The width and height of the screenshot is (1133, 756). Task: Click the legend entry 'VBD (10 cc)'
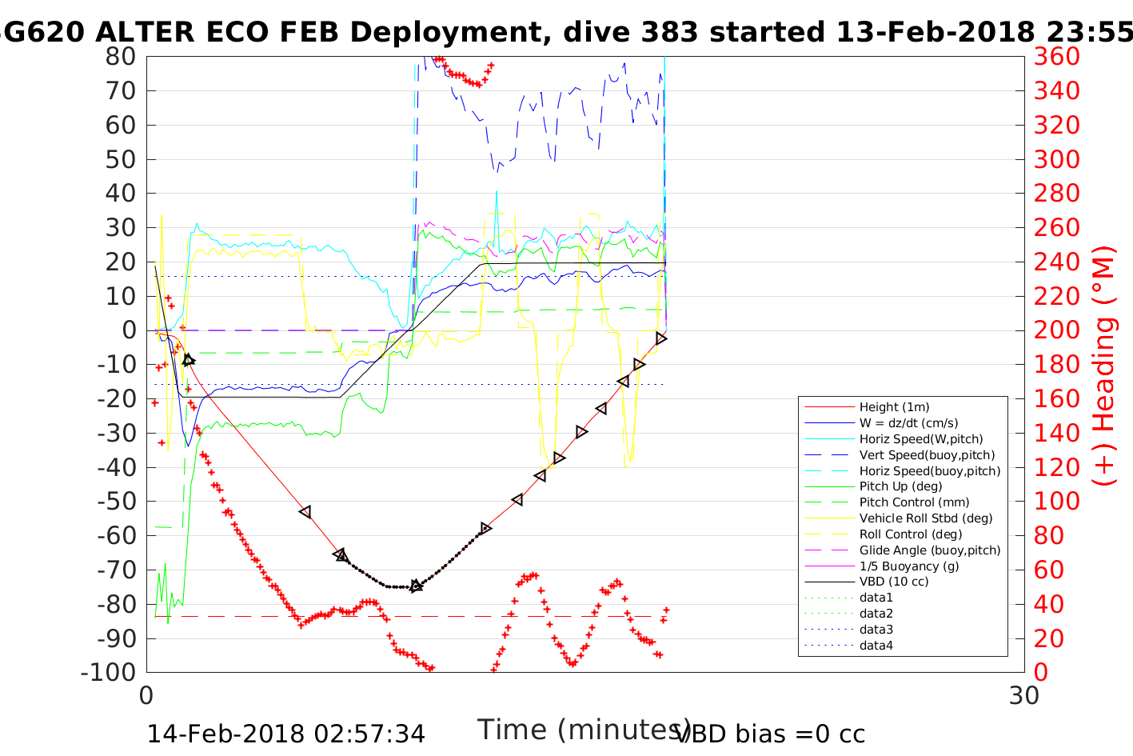[x=894, y=582]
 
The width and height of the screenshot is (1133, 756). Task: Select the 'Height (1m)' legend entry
[x=894, y=407]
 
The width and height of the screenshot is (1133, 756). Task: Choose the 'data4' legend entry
[x=876, y=646]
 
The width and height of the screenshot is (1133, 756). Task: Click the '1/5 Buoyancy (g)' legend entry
[x=909, y=566]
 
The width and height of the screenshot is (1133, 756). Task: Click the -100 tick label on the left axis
[x=109, y=672]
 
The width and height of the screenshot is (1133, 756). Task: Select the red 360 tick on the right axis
[x=1057, y=57]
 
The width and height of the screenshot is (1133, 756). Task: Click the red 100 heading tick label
[x=1057, y=502]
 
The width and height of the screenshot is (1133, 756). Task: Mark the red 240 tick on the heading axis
[x=1057, y=262]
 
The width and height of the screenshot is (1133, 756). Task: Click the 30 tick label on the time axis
[x=1024, y=695]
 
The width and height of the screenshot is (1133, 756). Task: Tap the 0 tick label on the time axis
[x=147, y=695]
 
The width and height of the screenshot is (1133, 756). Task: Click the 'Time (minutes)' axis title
[x=584, y=730]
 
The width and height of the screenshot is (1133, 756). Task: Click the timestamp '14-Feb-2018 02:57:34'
[x=285, y=734]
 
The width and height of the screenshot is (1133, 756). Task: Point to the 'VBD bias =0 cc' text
[x=770, y=734]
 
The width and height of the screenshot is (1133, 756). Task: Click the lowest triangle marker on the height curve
[x=416, y=586]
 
